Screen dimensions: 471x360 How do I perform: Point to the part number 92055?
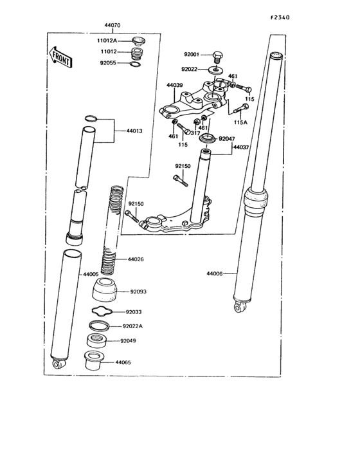pos(109,64)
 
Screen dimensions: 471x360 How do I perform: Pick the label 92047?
pos(228,138)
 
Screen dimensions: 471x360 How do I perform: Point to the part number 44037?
pos(241,147)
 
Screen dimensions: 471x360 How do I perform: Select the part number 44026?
pos(135,259)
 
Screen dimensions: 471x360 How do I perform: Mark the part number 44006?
pos(214,274)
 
